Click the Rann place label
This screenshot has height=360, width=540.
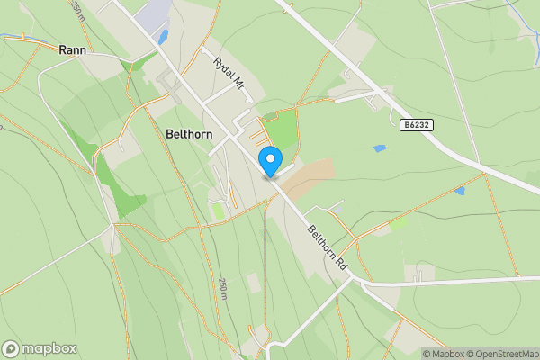point(71,50)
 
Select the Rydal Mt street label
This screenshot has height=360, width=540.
point(229,73)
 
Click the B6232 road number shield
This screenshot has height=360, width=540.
point(417,126)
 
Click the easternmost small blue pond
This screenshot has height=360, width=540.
point(460,191)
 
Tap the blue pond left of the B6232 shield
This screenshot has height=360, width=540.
point(379,148)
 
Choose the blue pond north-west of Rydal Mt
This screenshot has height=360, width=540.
point(163,37)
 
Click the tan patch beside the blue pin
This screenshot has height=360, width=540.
point(307,175)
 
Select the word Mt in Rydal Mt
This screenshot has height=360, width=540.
point(238,82)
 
